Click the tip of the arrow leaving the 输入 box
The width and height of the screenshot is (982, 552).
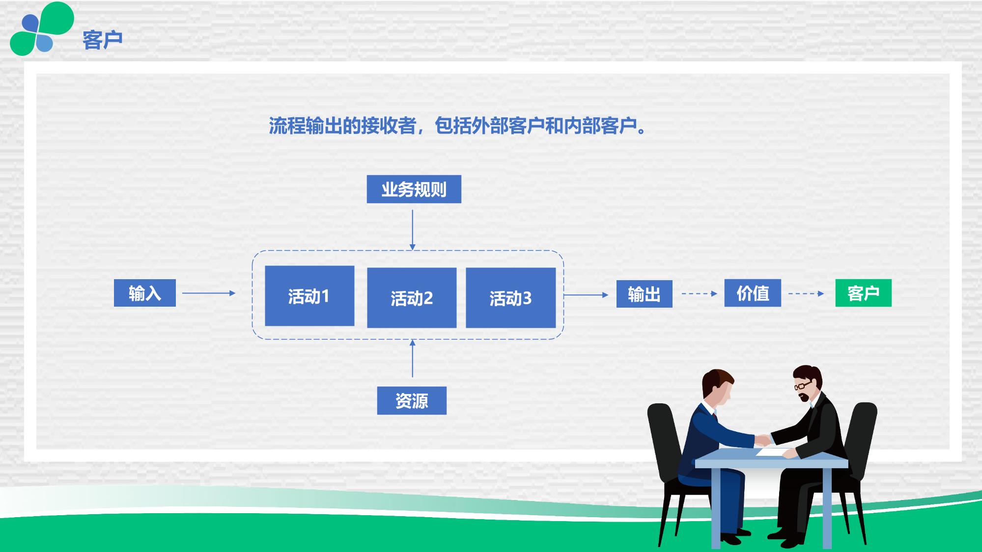[x=236, y=293]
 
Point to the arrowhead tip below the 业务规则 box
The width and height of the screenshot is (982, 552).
[x=412, y=250]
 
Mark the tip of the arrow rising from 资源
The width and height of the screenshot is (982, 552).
[x=412, y=340]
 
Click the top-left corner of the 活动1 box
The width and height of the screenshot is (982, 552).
[x=265, y=266]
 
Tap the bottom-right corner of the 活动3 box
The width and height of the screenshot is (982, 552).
[x=556, y=327]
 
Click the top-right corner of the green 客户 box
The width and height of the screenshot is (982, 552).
[x=891, y=279]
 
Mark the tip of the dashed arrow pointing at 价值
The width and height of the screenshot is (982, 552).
[x=717, y=294]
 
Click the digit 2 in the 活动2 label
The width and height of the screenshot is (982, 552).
[x=428, y=298]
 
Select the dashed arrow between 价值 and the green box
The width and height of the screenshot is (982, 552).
[x=806, y=294]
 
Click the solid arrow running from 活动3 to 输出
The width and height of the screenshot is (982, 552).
[x=586, y=295]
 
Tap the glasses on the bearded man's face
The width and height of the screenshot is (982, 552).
[x=803, y=385]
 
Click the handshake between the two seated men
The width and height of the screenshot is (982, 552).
[x=763, y=439]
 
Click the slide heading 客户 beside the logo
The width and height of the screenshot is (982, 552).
[x=103, y=40]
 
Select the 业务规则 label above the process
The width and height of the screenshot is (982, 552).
[x=414, y=189]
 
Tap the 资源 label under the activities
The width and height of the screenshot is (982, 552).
[x=412, y=401]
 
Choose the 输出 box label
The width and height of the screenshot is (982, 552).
[x=644, y=294]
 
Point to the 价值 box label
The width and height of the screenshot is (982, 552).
[x=753, y=293]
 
